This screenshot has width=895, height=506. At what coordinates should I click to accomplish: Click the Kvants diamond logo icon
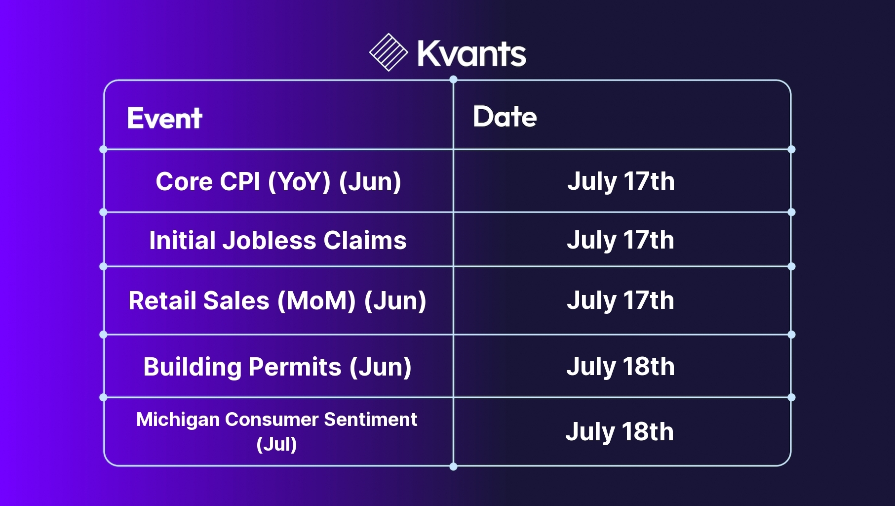[x=389, y=52]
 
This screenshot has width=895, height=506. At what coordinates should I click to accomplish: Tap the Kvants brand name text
[x=472, y=53]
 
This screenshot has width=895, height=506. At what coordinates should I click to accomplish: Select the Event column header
[x=164, y=118]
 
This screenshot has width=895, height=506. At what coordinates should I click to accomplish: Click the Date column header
[x=505, y=117]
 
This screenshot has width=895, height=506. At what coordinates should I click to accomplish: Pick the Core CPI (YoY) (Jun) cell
[x=278, y=181]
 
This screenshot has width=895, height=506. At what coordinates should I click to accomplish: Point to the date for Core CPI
[x=621, y=181]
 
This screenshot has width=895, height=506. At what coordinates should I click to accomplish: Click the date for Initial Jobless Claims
[x=621, y=240]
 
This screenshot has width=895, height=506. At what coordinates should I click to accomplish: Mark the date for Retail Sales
[x=621, y=300]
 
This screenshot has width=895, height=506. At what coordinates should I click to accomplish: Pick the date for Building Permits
[x=621, y=367]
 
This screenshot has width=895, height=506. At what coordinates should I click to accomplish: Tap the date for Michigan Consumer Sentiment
[x=620, y=432]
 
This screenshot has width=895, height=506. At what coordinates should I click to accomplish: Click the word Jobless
[x=270, y=241]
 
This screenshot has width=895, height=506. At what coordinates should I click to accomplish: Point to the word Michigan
[x=178, y=420]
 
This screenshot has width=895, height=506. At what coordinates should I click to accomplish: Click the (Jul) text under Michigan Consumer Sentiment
[x=277, y=444]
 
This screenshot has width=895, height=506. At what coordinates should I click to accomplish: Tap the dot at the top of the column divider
[x=453, y=80]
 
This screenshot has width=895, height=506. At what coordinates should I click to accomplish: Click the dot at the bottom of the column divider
[x=453, y=466]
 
